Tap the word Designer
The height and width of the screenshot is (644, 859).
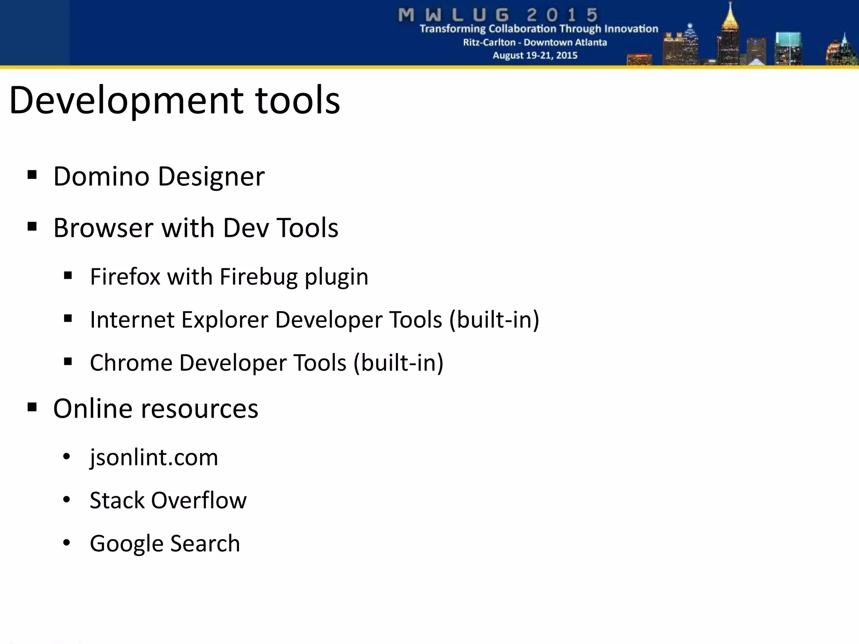click(211, 177)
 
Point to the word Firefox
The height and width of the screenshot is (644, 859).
click(125, 277)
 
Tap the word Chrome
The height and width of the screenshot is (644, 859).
click(131, 363)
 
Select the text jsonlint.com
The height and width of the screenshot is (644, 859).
click(154, 457)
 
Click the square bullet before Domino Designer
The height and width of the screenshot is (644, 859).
click(32, 174)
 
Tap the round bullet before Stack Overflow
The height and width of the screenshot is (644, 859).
click(66, 500)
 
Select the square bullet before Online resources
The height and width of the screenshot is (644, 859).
click(32, 407)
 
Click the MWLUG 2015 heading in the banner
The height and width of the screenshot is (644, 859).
click(498, 15)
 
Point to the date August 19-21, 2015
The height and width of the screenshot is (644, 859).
click(535, 55)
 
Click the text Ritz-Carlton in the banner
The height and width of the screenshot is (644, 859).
click(489, 42)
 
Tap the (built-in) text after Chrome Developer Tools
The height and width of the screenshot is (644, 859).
click(398, 363)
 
